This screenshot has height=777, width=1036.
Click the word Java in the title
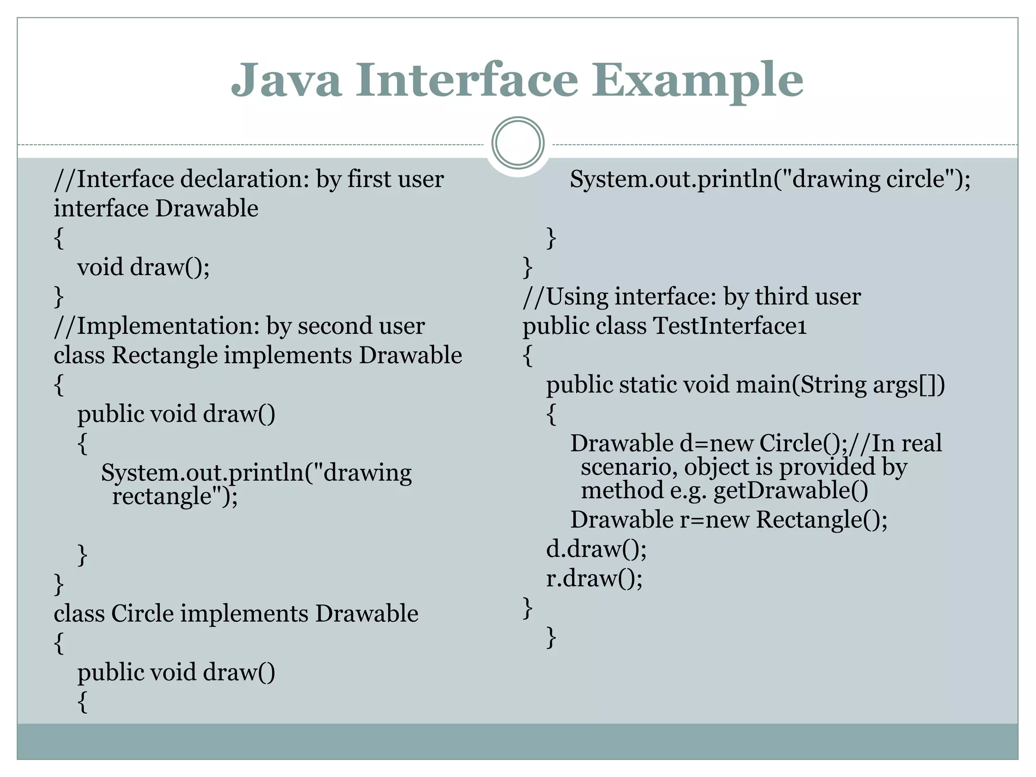coord(286,80)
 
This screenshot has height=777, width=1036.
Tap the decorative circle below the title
coord(517,143)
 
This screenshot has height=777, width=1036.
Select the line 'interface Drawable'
coord(156,208)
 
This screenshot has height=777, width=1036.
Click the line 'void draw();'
coord(143,267)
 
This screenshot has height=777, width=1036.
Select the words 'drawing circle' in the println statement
coord(868,179)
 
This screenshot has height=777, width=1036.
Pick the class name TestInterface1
coord(730,326)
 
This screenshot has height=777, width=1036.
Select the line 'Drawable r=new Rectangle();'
coord(728,520)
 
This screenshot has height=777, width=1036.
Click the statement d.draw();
coord(596,549)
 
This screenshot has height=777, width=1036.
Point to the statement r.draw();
coord(594,579)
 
